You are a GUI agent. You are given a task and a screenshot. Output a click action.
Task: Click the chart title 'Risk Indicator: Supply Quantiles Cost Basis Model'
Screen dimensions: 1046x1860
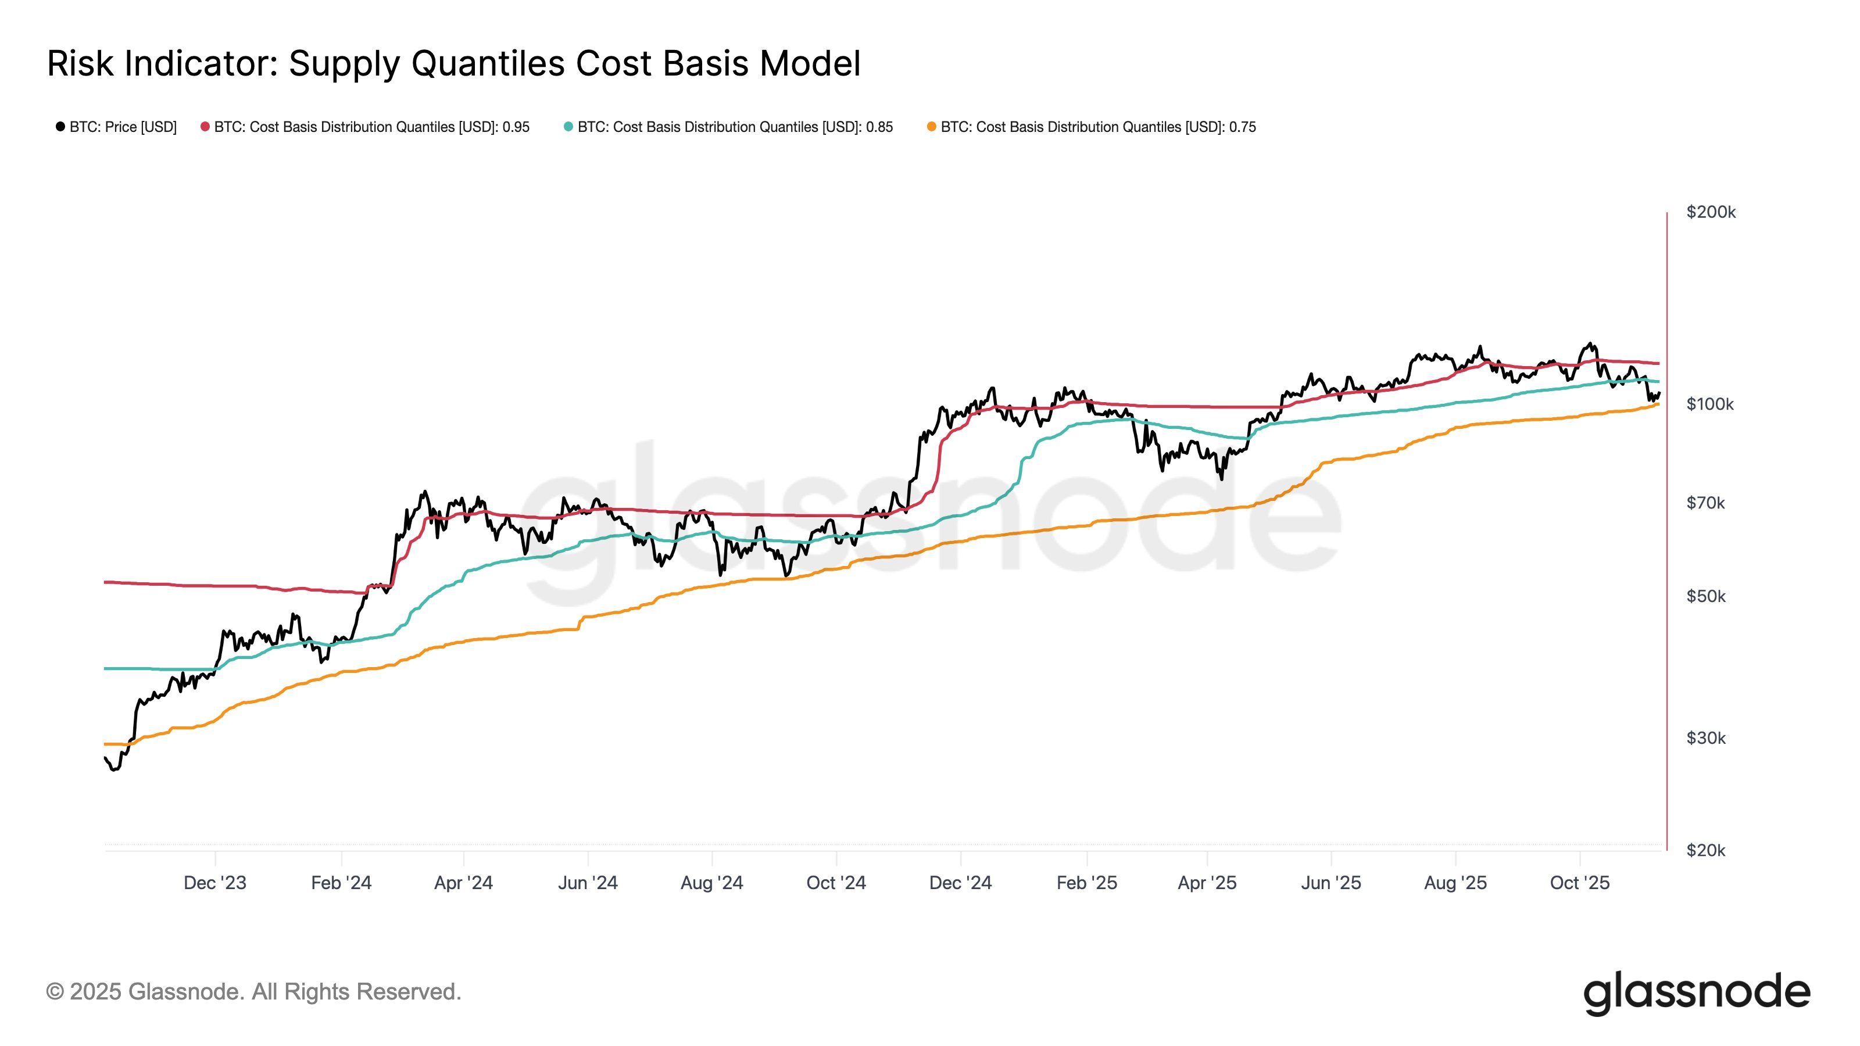click(453, 63)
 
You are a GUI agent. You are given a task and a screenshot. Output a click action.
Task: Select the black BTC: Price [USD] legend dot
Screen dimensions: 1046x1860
click(60, 127)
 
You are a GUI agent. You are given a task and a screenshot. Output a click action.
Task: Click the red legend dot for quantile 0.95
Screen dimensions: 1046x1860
click(205, 127)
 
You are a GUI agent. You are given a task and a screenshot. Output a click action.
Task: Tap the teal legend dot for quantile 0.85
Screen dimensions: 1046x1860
click(568, 127)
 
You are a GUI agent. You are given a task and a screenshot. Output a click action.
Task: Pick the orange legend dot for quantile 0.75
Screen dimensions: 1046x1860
click(931, 127)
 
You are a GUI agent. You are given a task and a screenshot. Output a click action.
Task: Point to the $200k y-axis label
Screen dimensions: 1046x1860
click(1711, 212)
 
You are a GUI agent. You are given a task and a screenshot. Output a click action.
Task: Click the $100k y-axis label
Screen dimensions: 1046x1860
click(1710, 404)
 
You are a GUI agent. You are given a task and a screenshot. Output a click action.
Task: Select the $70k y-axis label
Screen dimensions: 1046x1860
click(1705, 503)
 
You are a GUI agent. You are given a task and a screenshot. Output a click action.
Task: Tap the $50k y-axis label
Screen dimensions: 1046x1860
click(1705, 596)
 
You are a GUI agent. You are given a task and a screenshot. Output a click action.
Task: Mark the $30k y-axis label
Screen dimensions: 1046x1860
click(1705, 738)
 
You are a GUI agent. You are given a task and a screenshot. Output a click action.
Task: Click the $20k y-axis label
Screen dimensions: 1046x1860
click(1705, 850)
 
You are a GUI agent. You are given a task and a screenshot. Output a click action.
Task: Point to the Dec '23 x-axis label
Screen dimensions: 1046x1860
click(215, 883)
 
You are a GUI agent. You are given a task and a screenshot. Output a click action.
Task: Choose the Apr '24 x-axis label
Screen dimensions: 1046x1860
click(464, 883)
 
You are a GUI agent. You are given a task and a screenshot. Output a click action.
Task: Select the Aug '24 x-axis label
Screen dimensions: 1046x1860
click(712, 883)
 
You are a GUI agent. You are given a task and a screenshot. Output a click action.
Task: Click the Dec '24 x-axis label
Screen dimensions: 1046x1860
click(960, 883)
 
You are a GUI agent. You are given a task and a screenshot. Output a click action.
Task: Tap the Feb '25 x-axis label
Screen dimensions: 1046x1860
click(1087, 883)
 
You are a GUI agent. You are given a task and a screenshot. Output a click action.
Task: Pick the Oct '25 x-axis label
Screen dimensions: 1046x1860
click(1580, 883)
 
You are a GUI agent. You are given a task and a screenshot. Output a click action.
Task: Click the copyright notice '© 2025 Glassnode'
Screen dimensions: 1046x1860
click(253, 992)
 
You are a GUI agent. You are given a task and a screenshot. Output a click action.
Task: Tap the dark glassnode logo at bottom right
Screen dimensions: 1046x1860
click(1697, 993)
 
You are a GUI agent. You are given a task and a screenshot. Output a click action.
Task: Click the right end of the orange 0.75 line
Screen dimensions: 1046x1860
click(1658, 404)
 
